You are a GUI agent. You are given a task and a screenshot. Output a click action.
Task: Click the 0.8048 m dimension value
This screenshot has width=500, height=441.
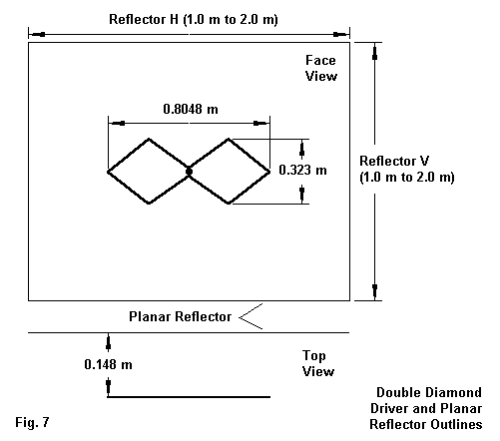click(x=191, y=109)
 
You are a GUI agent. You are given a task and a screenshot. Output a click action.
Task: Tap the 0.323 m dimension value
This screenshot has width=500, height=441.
click(x=302, y=171)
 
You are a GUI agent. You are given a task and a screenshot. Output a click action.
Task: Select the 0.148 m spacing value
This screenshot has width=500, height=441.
click(x=108, y=364)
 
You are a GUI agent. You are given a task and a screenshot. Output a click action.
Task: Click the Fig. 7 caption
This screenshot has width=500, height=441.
click(x=32, y=423)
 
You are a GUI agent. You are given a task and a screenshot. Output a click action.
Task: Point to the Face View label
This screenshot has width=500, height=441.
click(x=321, y=68)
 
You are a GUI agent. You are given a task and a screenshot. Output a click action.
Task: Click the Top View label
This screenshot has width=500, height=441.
click(x=318, y=363)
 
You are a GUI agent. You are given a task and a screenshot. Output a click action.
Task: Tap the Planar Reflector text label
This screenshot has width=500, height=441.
click(x=180, y=316)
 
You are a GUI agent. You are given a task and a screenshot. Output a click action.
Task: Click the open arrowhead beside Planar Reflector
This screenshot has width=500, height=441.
click(x=250, y=316)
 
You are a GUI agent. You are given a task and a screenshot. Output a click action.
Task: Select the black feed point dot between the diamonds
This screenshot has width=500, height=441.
click(x=189, y=172)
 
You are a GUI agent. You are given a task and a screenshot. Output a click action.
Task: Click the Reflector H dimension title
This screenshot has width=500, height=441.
click(x=194, y=19)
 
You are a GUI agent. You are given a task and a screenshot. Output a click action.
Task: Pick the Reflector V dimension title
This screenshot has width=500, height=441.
click(x=407, y=169)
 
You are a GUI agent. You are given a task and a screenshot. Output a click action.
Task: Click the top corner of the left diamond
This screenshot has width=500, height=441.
click(x=149, y=139)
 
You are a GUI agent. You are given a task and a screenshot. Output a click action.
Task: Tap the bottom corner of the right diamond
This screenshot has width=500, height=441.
click(x=229, y=203)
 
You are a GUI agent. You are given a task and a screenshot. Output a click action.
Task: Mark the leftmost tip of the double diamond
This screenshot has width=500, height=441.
click(x=108, y=172)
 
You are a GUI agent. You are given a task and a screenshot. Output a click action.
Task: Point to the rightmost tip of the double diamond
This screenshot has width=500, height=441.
click(x=269, y=172)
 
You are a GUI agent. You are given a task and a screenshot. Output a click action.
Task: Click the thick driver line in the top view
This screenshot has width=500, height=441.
click(x=189, y=397)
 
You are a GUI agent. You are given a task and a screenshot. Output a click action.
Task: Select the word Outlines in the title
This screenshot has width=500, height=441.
click(x=456, y=424)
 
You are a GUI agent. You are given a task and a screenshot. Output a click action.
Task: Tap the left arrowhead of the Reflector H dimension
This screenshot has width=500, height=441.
click(x=37, y=34)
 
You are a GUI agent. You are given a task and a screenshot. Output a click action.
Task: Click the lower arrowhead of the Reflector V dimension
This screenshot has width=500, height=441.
click(x=375, y=290)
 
